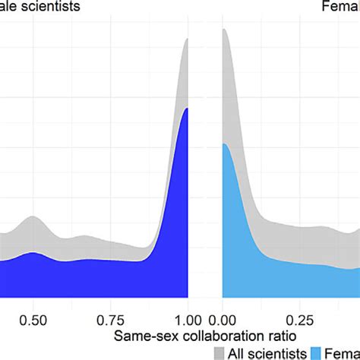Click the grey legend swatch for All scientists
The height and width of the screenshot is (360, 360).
[x=220, y=352]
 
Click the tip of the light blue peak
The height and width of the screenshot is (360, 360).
[x=224, y=144]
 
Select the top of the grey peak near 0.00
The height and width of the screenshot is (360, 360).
[x=225, y=30]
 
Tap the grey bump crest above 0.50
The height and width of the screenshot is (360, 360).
[x=32, y=216]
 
